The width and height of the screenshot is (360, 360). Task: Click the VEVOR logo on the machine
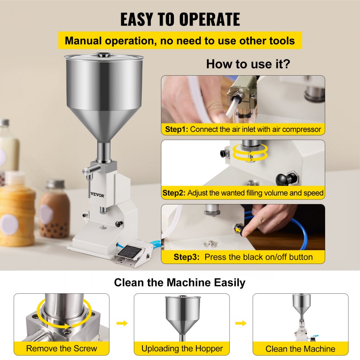tap(98, 195)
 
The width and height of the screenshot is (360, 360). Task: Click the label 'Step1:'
tap(176, 129)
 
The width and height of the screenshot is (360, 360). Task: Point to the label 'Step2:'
tap(174, 193)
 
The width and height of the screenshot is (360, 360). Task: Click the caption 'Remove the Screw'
tap(62, 348)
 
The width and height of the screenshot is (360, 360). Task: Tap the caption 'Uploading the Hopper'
tap(182, 348)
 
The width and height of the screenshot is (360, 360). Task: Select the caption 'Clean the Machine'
tap(300, 349)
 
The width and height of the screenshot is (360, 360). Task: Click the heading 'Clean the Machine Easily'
tap(180, 283)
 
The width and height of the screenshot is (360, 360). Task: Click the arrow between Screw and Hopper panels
tap(122, 323)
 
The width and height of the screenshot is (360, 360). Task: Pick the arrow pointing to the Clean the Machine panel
tap(240, 323)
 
